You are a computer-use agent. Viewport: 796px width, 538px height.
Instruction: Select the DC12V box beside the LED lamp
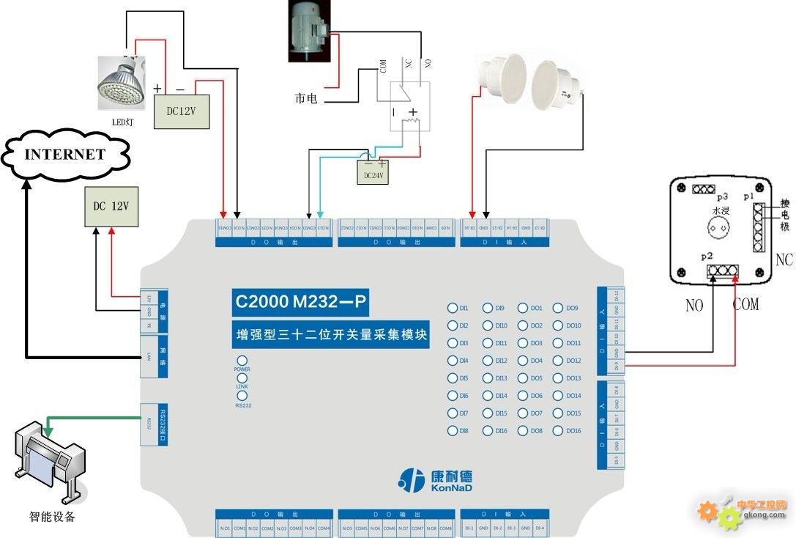click(x=182, y=111)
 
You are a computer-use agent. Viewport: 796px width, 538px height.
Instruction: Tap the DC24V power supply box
click(x=371, y=174)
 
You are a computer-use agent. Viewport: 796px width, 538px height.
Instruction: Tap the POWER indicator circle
click(x=242, y=361)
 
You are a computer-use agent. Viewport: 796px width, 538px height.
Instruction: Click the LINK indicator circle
click(x=242, y=378)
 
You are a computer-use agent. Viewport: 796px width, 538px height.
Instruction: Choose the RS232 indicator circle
click(x=242, y=396)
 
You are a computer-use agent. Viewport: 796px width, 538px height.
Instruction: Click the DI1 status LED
click(x=454, y=308)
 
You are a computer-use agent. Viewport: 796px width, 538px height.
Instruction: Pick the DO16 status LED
click(x=559, y=431)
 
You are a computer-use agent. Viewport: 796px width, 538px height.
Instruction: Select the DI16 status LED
click(x=488, y=431)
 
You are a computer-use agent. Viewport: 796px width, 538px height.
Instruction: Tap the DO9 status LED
click(x=559, y=308)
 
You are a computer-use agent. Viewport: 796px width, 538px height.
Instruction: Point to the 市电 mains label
click(x=305, y=98)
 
